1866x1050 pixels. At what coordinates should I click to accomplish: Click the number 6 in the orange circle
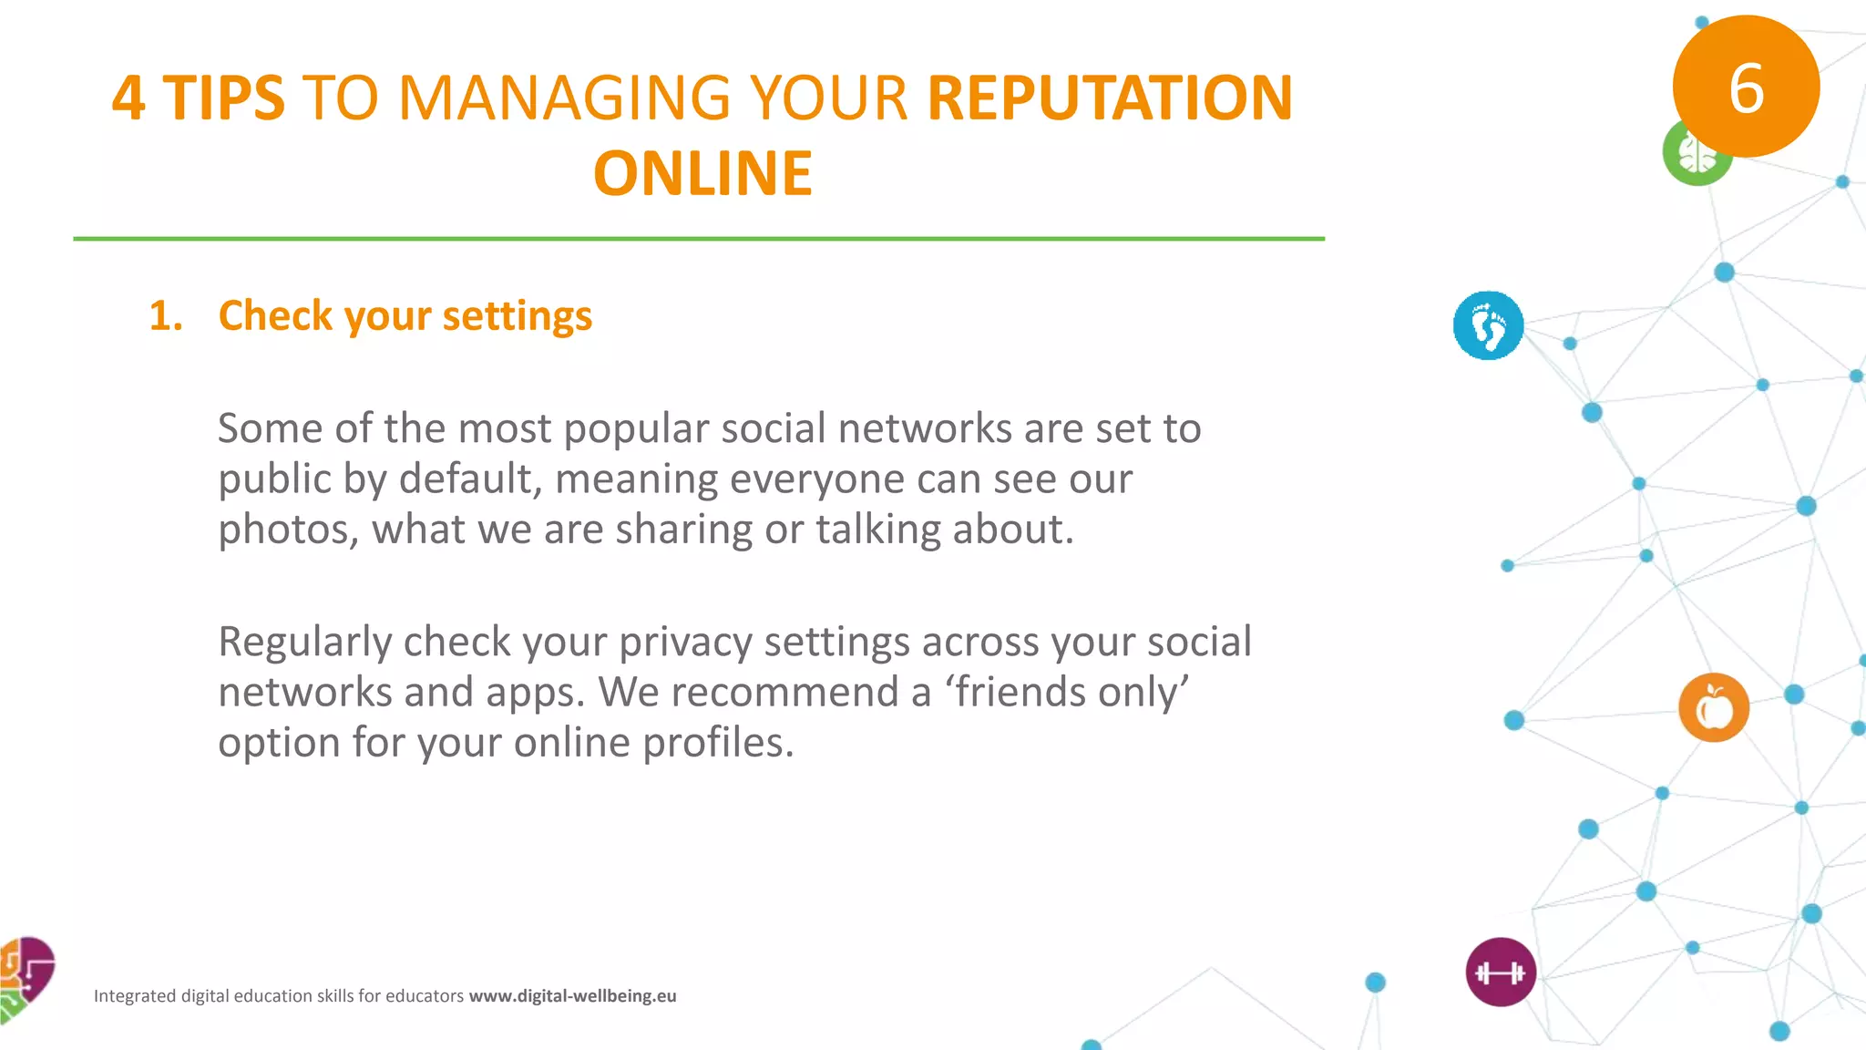click(1746, 88)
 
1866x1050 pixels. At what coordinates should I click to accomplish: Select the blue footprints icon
click(1488, 325)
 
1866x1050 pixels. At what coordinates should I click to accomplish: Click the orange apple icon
click(1713, 708)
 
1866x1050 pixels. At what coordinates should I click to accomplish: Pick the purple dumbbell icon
click(1501, 973)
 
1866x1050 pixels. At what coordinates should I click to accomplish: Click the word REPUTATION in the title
click(1110, 98)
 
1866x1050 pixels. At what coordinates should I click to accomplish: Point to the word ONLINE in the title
click(702, 173)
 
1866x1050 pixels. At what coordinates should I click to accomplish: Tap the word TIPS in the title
click(224, 98)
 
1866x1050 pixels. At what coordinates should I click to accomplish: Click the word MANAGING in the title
click(564, 98)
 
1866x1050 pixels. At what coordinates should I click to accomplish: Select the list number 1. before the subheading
click(166, 316)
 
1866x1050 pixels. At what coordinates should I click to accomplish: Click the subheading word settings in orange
click(518, 316)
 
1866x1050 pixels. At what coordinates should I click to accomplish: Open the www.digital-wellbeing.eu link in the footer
click(572, 996)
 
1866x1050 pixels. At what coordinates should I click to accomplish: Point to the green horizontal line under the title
click(699, 239)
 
